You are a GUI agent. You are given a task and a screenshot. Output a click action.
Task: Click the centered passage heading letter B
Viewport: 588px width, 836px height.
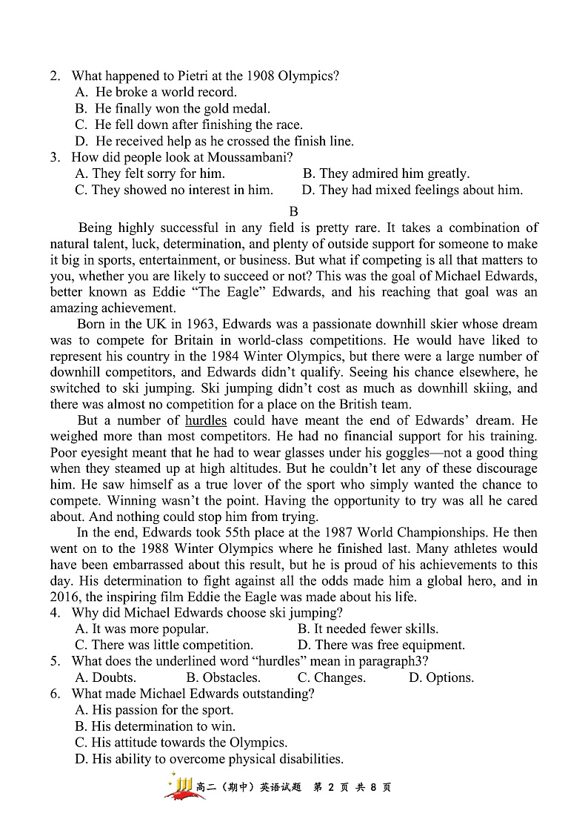293,211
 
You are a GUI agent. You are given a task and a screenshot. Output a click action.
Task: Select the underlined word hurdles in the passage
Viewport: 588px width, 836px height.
206,420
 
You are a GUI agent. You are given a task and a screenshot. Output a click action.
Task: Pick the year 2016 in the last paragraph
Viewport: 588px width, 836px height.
65,597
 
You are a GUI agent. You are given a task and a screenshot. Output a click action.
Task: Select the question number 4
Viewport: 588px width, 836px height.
55,613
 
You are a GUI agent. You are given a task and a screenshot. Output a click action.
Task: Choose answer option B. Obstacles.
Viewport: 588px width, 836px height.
223,677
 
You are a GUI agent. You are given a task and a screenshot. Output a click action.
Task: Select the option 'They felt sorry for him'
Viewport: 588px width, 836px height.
150,173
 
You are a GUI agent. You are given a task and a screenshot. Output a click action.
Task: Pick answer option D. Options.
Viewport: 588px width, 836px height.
441,677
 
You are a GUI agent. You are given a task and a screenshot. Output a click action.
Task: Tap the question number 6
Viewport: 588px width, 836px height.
55,694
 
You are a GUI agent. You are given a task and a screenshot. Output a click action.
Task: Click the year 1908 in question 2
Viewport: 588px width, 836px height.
260,76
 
